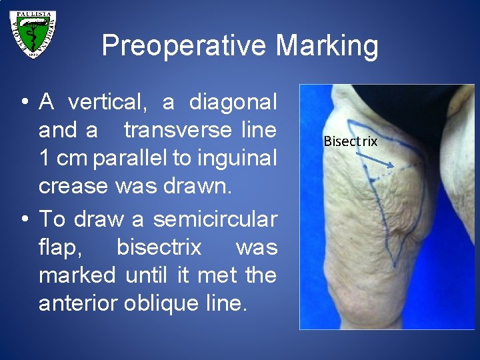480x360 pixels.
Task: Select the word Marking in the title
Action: (326, 47)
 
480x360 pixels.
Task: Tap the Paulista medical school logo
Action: (33, 34)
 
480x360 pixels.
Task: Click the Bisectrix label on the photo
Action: (350, 141)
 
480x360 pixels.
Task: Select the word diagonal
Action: (233, 102)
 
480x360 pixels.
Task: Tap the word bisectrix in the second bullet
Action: (159, 247)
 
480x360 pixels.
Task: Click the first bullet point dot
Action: (23, 103)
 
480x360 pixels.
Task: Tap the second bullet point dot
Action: (23, 219)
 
